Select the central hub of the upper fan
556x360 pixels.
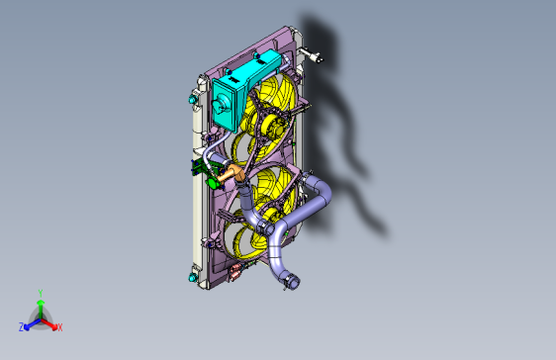(x=267, y=124)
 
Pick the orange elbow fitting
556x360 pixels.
(x=233, y=175)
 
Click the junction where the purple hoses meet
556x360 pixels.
(x=268, y=228)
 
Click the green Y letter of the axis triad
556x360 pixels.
(x=40, y=293)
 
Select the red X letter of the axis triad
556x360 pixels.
(x=59, y=326)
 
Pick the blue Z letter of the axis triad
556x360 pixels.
(x=22, y=326)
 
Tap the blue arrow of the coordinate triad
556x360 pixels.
(x=31, y=323)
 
